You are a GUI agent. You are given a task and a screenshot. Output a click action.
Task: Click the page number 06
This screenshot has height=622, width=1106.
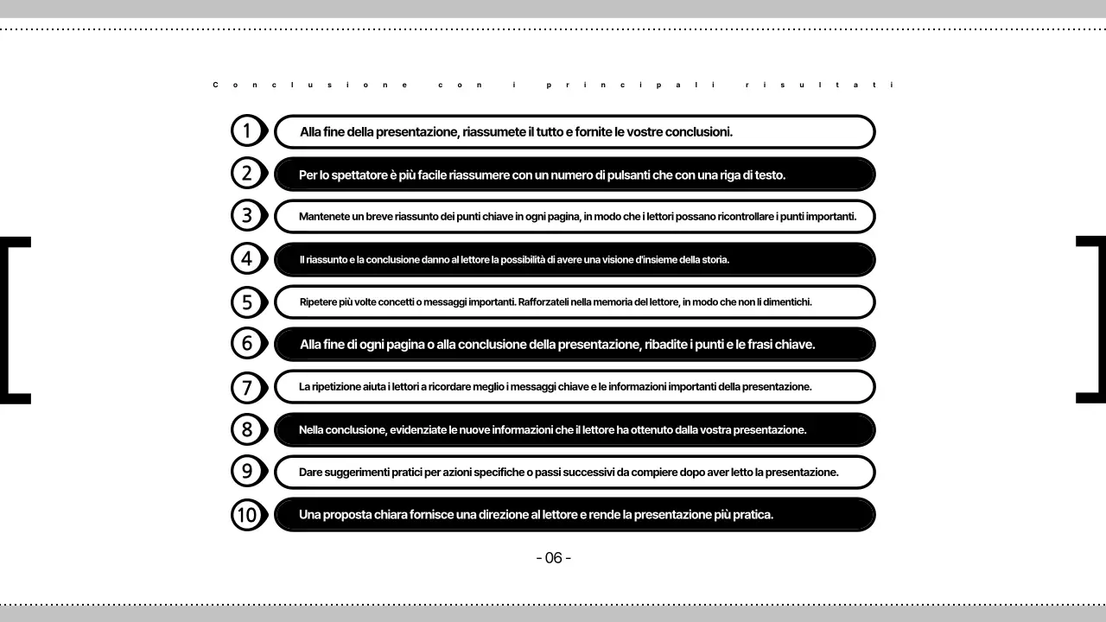coord(554,558)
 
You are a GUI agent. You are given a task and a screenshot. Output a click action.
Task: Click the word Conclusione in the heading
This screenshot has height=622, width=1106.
coord(310,85)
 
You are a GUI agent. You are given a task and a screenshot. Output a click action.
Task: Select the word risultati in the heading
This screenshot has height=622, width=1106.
coord(820,85)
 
